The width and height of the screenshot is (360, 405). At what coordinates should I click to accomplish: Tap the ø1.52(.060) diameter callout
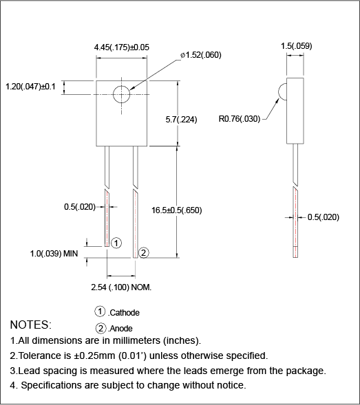click(x=200, y=55)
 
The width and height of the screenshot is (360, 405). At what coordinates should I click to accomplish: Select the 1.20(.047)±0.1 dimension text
click(x=32, y=87)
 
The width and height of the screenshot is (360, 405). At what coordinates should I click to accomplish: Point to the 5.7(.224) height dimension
click(x=182, y=120)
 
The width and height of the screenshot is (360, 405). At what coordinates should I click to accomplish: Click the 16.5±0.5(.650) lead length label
click(x=177, y=210)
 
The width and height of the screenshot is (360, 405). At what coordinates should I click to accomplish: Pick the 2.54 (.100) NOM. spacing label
click(x=121, y=286)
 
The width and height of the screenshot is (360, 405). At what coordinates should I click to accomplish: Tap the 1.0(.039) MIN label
click(x=54, y=254)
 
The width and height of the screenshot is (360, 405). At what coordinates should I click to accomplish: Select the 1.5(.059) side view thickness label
click(x=296, y=46)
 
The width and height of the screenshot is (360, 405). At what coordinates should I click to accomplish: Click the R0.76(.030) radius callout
click(x=240, y=118)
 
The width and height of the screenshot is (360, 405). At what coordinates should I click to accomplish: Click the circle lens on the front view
click(x=122, y=94)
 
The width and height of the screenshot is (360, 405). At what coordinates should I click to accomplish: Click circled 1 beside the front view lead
click(x=116, y=243)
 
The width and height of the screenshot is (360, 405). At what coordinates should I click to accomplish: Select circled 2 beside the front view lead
click(x=143, y=252)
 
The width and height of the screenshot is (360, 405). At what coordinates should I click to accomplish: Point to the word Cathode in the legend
click(x=124, y=313)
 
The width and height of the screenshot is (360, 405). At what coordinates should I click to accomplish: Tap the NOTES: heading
click(x=30, y=324)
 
